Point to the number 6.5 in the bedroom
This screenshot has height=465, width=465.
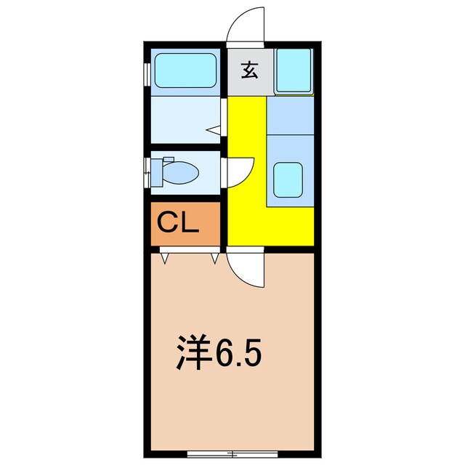237,353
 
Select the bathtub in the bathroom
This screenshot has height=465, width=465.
186,72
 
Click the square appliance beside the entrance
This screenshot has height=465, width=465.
294,71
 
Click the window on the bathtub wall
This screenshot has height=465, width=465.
146,73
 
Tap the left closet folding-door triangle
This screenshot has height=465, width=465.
164,257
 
